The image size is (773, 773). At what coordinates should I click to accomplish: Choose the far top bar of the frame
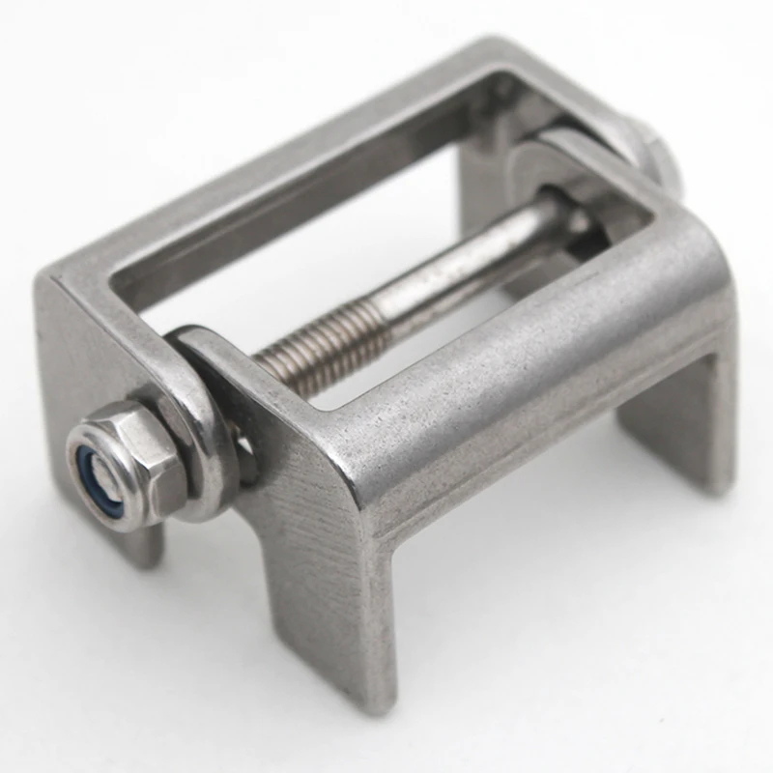[x=319, y=145]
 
